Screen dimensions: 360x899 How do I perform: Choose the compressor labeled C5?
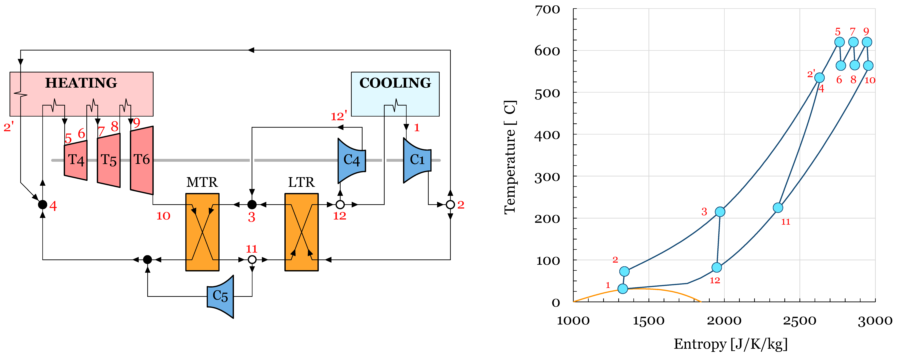point(220,296)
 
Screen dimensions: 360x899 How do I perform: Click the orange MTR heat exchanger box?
point(202,232)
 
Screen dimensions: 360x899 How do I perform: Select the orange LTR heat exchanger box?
point(302,232)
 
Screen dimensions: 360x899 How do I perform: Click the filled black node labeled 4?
point(43,205)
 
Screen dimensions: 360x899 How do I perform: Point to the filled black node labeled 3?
point(252,205)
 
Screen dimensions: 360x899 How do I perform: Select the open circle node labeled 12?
point(340,205)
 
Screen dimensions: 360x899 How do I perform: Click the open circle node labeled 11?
point(252,260)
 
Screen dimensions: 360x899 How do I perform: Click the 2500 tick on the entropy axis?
point(799,320)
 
